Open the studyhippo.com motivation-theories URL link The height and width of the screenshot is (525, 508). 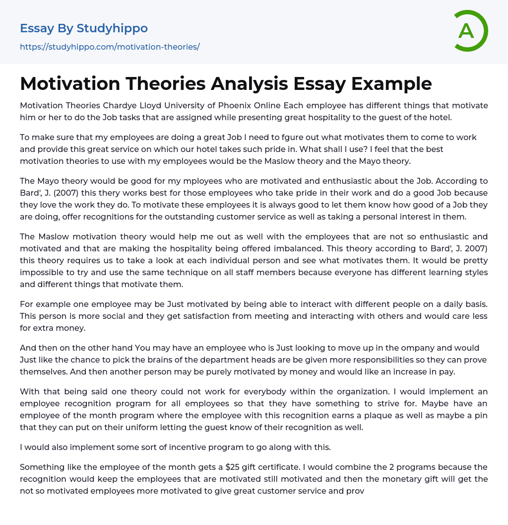click(110, 47)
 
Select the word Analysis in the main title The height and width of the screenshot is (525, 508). click(250, 83)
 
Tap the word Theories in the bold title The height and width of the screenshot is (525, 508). click(163, 83)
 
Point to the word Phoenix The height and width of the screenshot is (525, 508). click(237, 105)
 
